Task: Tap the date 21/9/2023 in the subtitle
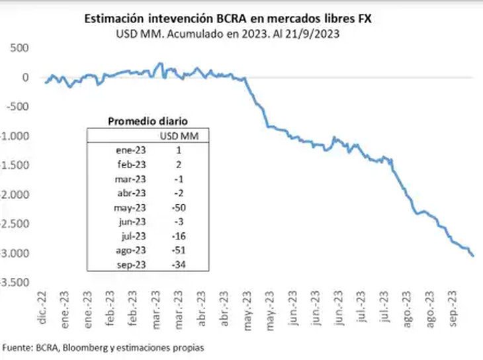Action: click(x=314, y=35)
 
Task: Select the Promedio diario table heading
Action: click(x=148, y=121)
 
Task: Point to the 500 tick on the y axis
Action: click(x=20, y=48)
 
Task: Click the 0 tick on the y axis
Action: click(x=25, y=77)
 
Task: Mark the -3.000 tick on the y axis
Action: click(x=15, y=253)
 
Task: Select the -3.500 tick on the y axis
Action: click(x=15, y=283)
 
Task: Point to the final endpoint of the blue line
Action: click(x=472, y=255)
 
